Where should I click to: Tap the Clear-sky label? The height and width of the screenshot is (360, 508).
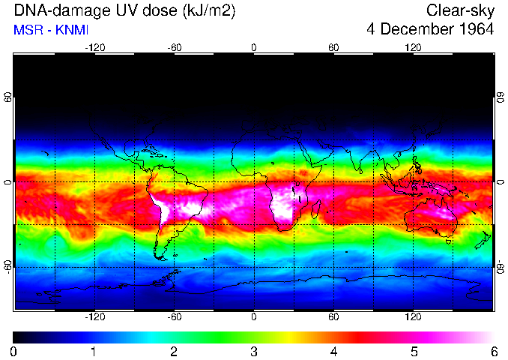point(460,10)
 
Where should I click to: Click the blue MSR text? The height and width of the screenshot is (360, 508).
point(28,30)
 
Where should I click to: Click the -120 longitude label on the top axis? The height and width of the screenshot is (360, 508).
point(94,47)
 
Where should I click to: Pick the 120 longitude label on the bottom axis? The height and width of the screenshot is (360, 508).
point(413,317)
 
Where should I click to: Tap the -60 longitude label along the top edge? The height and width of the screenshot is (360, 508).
point(174,47)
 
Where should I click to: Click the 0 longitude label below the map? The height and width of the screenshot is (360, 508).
point(254,317)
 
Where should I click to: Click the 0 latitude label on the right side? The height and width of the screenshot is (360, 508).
point(500,182)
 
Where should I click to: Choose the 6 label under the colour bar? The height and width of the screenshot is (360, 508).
point(493,351)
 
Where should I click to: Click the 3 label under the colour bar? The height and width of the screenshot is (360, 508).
point(253,351)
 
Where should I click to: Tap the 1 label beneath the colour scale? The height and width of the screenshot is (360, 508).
point(94,351)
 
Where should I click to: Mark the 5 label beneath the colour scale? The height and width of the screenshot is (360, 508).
point(413,351)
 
